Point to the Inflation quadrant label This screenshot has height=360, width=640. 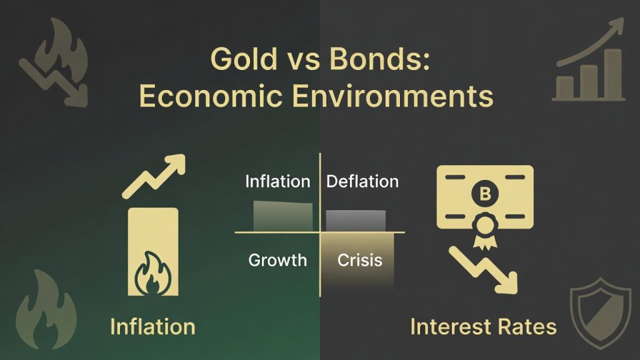[277, 182]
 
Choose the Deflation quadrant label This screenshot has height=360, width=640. [362, 182]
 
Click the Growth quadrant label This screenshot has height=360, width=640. [277, 259]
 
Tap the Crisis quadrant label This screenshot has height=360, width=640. [359, 259]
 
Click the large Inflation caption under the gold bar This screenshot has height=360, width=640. [152, 326]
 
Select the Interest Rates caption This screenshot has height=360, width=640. [483, 326]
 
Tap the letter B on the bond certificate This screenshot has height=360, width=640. [484, 194]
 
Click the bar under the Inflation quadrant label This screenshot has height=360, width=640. [283, 216]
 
